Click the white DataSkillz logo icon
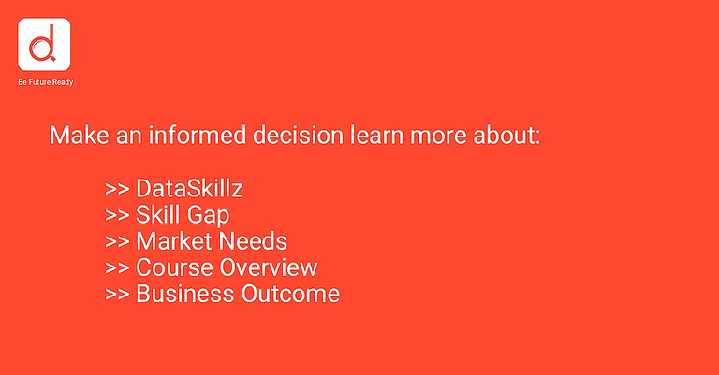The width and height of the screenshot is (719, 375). click(45, 46)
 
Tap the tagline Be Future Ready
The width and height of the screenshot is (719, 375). click(45, 82)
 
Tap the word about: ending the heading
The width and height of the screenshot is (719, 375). click(506, 135)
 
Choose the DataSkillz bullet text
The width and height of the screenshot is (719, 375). click(190, 188)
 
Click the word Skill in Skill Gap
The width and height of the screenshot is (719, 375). click(159, 215)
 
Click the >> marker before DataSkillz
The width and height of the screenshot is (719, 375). click(117, 188)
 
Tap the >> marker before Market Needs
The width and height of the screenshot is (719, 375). click(117, 241)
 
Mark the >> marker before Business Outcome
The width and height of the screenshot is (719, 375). click(117, 294)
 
